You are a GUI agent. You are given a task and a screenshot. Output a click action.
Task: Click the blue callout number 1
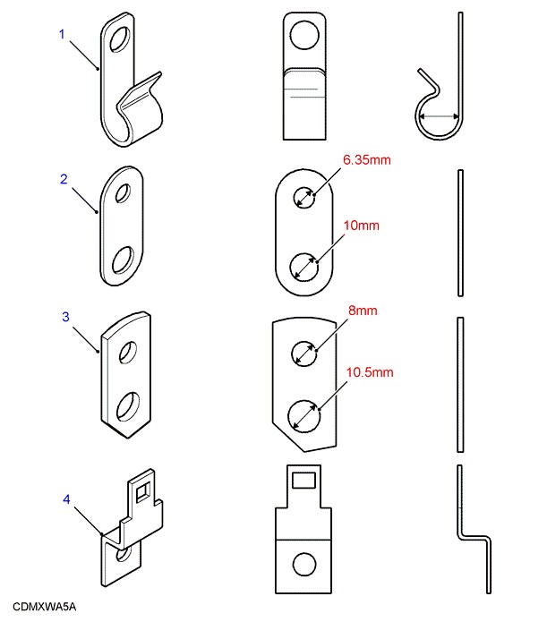(x=63, y=35)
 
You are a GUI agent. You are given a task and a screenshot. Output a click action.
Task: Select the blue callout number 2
(x=64, y=179)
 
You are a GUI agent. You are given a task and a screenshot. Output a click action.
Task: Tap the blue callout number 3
(x=64, y=317)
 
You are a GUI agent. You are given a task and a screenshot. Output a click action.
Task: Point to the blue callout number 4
(x=66, y=498)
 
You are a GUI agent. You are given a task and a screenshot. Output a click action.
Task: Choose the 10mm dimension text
(x=361, y=226)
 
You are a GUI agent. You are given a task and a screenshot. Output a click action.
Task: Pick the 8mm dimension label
(x=362, y=311)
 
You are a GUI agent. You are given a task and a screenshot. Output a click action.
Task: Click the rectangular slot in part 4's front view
(x=304, y=481)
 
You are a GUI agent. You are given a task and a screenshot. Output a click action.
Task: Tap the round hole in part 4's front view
(x=304, y=564)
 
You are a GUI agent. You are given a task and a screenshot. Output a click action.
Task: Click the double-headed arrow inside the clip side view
(x=440, y=116)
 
